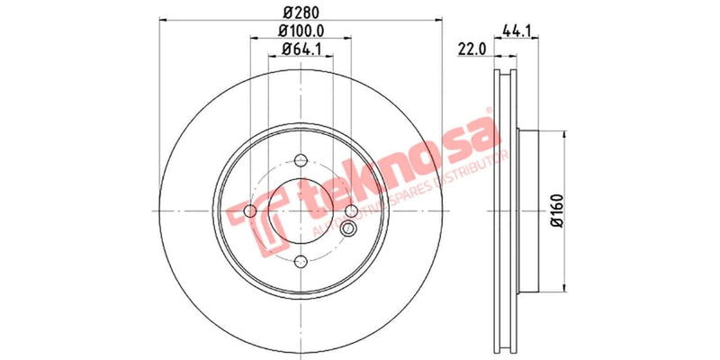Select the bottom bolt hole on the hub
click(300, 262)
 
